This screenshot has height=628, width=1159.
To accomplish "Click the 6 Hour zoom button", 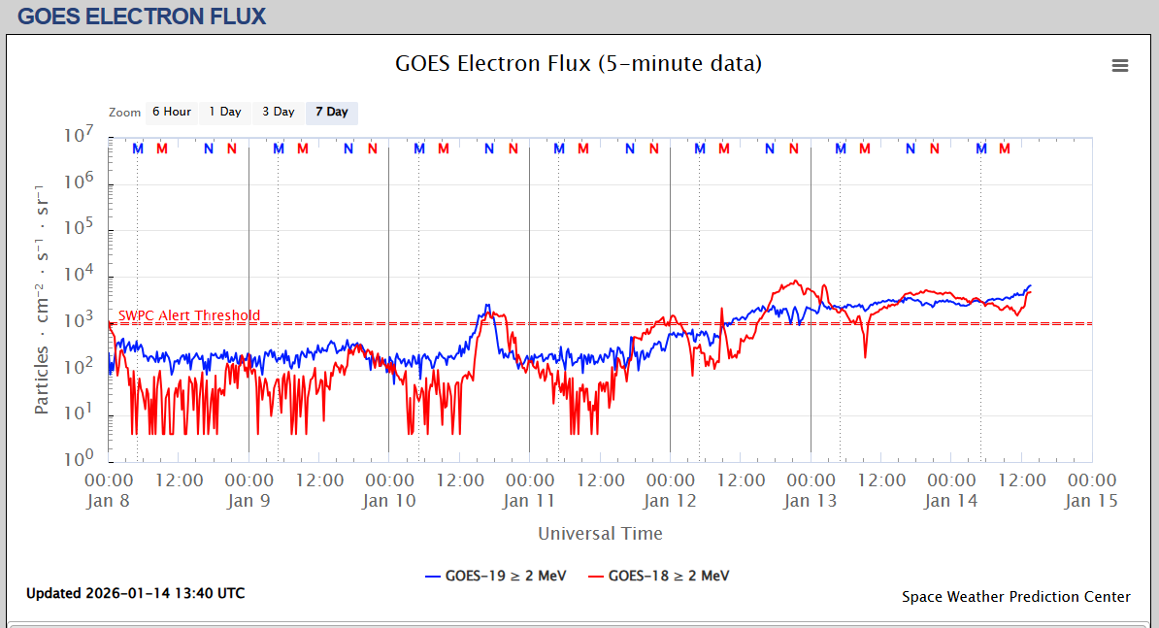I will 172,113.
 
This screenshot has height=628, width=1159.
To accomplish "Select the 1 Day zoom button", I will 225,113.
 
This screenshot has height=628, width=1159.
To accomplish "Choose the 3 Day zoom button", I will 279,113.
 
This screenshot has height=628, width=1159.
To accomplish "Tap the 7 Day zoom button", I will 332,113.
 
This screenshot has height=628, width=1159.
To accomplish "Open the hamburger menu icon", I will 1120,66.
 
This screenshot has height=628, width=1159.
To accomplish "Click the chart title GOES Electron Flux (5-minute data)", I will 579,64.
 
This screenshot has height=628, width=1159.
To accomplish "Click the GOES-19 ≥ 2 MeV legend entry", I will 496,576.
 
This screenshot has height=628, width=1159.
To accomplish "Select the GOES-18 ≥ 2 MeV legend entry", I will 659,576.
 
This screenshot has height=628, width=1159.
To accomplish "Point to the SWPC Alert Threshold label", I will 189,315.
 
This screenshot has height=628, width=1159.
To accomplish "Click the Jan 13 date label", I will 811,501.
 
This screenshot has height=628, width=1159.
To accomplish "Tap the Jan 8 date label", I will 109,501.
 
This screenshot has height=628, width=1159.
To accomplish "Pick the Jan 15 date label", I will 1092,501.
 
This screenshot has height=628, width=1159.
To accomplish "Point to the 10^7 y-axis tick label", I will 77,136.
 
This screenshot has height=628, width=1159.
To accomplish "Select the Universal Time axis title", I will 600,533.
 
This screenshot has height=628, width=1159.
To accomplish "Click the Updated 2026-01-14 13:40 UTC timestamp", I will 135,593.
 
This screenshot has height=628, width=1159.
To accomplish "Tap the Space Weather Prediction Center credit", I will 1015,597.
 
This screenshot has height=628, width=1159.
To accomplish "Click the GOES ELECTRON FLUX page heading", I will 142,17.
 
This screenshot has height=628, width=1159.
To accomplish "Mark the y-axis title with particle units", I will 42,298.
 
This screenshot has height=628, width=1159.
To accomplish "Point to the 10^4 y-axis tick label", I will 77,275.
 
